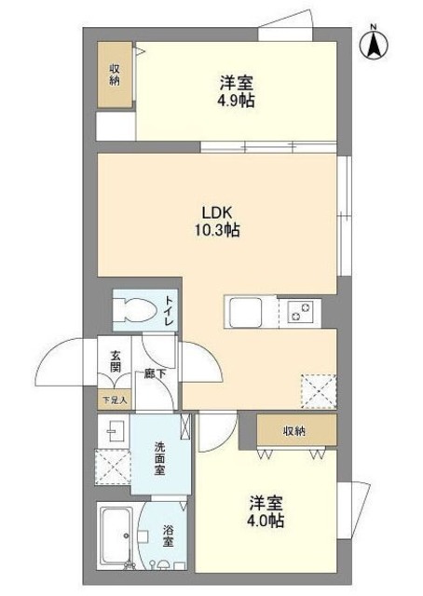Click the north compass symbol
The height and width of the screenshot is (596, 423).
tap(374, 44)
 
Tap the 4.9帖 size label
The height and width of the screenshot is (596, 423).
tap(236, 101)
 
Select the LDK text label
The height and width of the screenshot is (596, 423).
tap(216, 211)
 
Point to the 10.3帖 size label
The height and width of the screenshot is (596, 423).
tap(217, 230)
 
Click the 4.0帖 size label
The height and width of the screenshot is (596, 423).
tap(266, 521)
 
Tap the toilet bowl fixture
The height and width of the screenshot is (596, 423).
tap(135, 309)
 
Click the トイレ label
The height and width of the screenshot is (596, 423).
tap(170, 310)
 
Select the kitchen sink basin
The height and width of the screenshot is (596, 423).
tap(245, 313)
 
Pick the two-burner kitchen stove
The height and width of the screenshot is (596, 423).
tap(301, 311)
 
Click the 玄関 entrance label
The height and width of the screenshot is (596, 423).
tap(116, 361)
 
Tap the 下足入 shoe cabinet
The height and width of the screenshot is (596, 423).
tap(115, 400)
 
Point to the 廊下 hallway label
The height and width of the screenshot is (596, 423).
tap(155, 373)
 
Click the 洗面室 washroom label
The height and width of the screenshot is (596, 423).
tap(159, 458)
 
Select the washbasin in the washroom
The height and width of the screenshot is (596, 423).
tap(114, 431)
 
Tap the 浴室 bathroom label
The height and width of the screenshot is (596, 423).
tap(168, 536)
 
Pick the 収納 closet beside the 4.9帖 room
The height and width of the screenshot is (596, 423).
tap(115, 74)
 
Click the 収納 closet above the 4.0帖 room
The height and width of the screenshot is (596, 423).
tap(296, 430)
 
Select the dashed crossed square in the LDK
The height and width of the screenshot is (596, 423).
tap(319, 391)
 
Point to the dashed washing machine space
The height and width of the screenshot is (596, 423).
tap(113, 467)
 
